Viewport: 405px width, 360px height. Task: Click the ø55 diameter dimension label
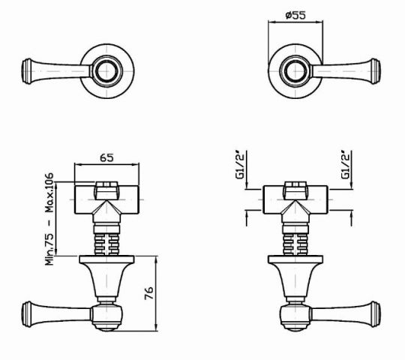[x=289, y=15]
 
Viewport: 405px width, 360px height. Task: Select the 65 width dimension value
[x=106, y=157]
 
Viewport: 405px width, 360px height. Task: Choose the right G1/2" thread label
[x=347, y=166]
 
